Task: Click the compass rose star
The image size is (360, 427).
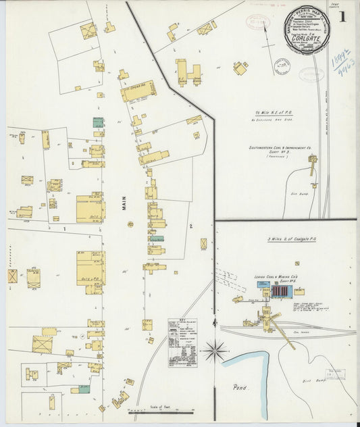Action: (x=215, y=350)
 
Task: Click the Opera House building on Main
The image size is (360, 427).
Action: (x=138, y=91)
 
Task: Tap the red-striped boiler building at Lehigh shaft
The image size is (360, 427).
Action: (x=280, y=291)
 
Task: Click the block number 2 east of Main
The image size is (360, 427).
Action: (x=191, y=226)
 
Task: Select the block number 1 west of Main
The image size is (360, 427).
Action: (x=63, y=228)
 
